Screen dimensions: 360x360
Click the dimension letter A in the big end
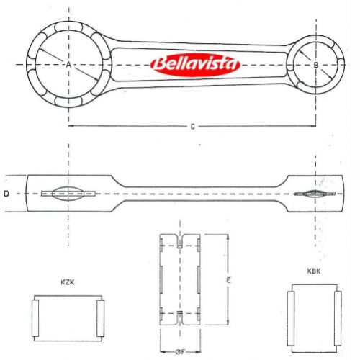[x=69, y=65]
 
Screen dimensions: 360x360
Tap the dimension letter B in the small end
[x=316, y=65]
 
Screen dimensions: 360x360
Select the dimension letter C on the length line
[x=192, y=127]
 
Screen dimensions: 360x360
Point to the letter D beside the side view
[x=6, y=193]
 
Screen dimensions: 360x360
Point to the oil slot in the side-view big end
[x=69, y=193]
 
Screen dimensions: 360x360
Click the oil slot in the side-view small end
[x=315, y=194]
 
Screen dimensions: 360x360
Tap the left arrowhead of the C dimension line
[x=72, y=127]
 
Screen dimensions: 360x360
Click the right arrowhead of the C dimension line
[x=312, y=127]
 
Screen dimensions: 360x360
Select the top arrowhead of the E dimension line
[x=228, y=237]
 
